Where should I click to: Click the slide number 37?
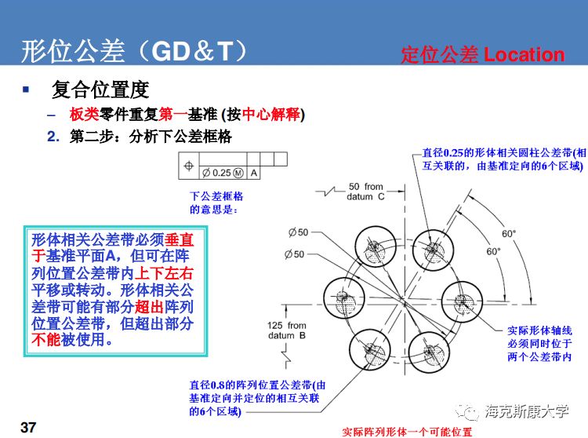coord(28,427)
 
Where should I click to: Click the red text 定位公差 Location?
coord(482,54)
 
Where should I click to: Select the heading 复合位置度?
coord(100,89)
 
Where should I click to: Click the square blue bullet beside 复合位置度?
coord(26,89)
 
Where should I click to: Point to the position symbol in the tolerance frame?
coord(188,166)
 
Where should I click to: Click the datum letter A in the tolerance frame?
coord(254,173)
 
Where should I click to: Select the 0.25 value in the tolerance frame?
coord(222,173)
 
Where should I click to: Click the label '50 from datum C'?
coord(366,192)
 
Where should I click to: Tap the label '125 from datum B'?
coord(287,330)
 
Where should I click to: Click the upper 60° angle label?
coord(509,234)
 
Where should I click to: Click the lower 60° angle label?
coord(493,252)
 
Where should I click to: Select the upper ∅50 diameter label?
coord(298,232)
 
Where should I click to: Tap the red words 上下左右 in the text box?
coord(165,273)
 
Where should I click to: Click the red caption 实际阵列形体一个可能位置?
coord(408,432)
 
